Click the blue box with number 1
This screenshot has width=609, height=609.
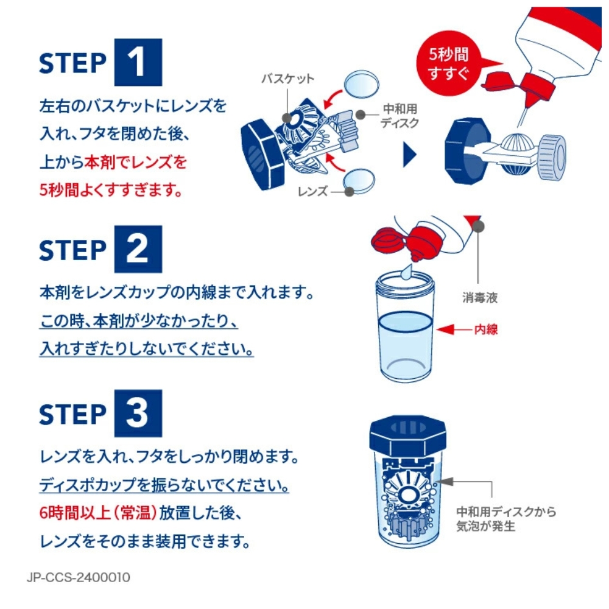point(138,62)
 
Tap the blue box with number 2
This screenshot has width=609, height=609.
point(138,249)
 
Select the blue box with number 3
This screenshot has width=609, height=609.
point(138,414)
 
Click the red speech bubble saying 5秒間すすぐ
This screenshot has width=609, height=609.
point(451,63)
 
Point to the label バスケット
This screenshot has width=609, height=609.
point(288,79)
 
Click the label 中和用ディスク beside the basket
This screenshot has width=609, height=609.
point(400,116)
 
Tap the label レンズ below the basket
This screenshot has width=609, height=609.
point(312,191)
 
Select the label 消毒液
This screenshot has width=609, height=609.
point(480,298)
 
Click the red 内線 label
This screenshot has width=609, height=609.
point(486,329)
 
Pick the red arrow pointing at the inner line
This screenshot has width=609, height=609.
point(454,329)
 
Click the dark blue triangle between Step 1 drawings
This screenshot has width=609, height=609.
point(410,155)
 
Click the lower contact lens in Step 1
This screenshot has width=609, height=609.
point(359,181)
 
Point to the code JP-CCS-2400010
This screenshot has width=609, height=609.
point(79,577)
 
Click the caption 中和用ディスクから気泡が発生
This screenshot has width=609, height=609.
point(505,519)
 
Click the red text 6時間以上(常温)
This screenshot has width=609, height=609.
point(98,513)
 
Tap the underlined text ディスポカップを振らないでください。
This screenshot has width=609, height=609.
point(164,485)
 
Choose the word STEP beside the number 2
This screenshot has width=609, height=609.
point(72,250)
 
